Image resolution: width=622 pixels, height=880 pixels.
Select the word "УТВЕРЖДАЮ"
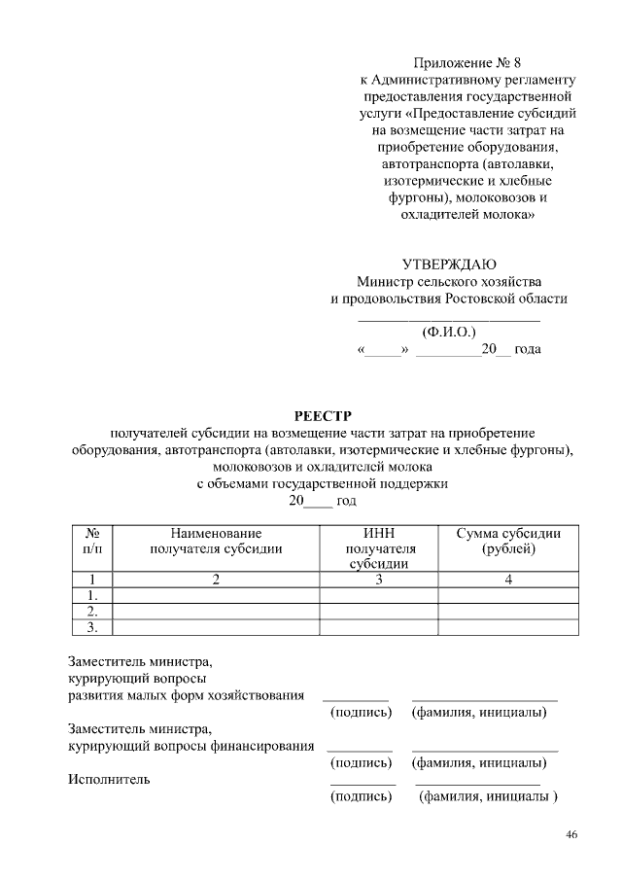click(449, 264)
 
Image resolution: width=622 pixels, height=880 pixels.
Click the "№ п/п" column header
click(94, 541)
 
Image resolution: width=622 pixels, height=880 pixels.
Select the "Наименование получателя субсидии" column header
click(217, 541)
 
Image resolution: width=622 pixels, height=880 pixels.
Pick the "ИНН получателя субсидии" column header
click(380, 548)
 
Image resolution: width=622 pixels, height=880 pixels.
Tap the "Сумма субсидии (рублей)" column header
click(509, 541)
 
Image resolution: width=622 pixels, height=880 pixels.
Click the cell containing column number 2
click(217, 580)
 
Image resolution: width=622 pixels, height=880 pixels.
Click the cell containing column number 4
click(509, 580)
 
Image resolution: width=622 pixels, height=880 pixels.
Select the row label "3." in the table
click(94, 626)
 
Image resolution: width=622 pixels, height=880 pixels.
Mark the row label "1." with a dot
click(94, 595)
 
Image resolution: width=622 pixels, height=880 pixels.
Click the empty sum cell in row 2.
click(509, 611)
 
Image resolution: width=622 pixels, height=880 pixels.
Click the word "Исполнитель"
click(109, 778)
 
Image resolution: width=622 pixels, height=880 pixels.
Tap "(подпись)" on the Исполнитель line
click(362, 796)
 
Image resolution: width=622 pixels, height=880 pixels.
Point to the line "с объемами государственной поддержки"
click(323, 482)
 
